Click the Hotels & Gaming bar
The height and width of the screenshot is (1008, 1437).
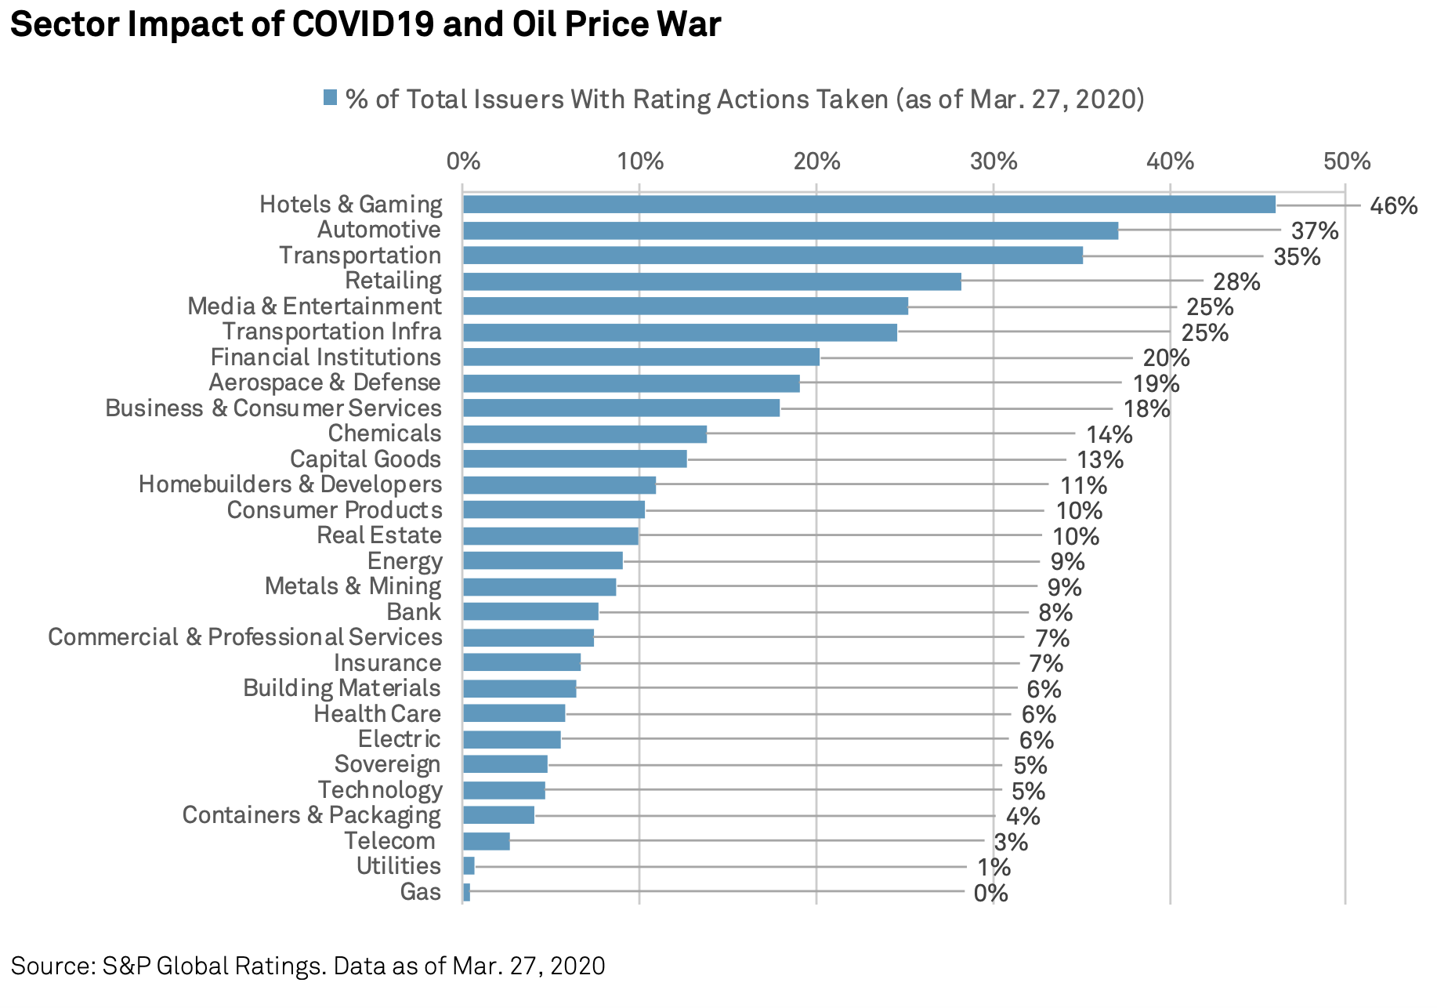tap(868, 205)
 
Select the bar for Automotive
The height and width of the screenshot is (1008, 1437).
tap(790, 230)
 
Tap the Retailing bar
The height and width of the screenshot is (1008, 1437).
tap(711, 281)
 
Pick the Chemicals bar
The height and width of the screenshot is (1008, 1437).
tap(585, 434)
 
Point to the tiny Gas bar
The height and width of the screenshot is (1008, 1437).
tap(466, 892)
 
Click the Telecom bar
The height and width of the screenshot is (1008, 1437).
tap(486, 841)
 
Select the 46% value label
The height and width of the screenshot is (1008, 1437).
tap(1393, 206)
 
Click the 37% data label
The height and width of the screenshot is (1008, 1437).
tap(1315, 231)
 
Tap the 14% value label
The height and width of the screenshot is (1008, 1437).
tap(1109, 434)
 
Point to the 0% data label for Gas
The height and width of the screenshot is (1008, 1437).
tap(990, 893)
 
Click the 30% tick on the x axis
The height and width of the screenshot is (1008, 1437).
tap(994, 161)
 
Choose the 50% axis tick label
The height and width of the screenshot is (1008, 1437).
tap(1347, 161)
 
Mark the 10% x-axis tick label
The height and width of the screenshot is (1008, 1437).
tap(640, 161)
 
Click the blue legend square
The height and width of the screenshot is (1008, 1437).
tap(330, 98)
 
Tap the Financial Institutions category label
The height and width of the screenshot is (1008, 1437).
tap(325, 357)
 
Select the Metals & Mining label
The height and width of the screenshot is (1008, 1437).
tap(353, 586)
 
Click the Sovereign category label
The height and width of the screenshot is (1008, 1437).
tap(387, 764)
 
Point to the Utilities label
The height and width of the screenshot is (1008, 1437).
tap(398, 866)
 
